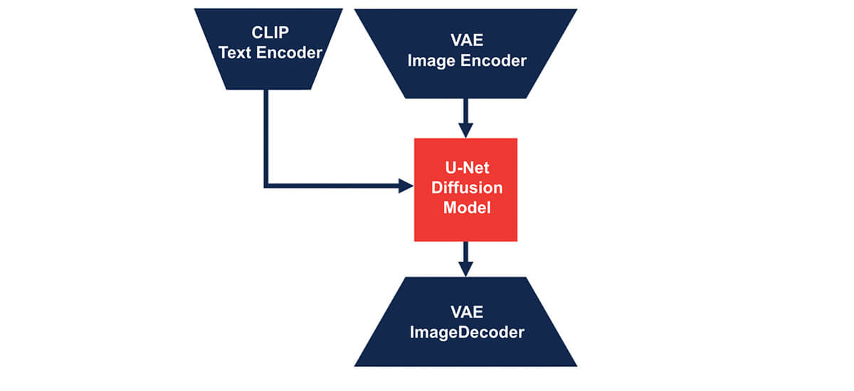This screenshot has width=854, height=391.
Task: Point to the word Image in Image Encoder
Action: click(431, 61)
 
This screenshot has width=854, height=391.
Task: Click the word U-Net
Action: click(465, 169)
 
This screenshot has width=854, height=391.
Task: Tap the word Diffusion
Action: click(465, 188)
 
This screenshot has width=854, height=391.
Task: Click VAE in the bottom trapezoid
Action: click(466, 311)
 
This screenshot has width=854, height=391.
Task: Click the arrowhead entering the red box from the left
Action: click(406, 187)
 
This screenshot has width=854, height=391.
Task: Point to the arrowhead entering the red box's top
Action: click(465, 130)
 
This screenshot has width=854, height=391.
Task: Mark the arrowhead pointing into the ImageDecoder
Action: click(465, 269)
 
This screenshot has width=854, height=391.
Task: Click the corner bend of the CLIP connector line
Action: click(266, 187)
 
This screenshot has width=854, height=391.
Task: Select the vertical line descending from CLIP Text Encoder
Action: click(266, 135)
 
